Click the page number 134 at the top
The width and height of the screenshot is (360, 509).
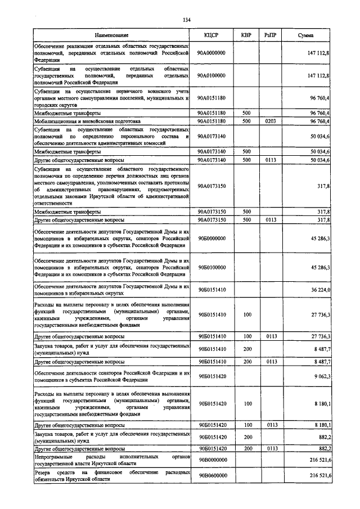click(x=187, y=21)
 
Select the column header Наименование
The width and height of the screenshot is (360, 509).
click(x=111, y=35)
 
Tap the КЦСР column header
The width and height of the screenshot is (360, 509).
click(x=211, y=35)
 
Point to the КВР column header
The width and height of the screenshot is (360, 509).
click(x=246, y=35)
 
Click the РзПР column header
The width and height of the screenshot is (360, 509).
click(x=271, y=35)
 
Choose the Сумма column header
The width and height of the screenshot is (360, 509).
click(x=307, y=35)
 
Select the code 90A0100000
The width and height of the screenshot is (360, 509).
click(x=211, y=75)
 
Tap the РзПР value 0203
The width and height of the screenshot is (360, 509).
click(x=271, y=121)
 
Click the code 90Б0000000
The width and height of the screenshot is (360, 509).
click(x=211, y=238)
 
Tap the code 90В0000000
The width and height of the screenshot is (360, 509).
click(x=211, y=460)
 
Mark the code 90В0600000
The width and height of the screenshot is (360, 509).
click(x=211, y=476)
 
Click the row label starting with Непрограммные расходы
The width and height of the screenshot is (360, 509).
click(x=111, y=460)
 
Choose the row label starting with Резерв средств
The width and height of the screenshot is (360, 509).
click(x=111, y=476)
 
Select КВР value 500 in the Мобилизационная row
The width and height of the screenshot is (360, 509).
click(x=246, y=121)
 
